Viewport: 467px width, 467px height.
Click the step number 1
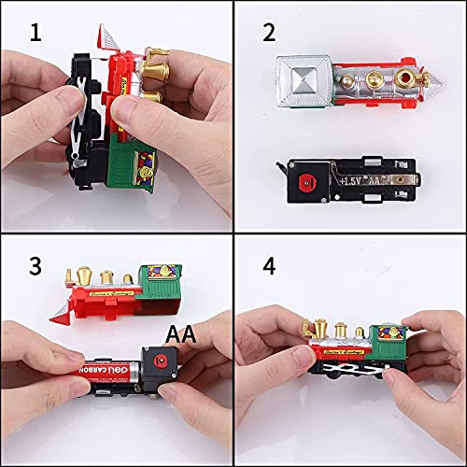point(35,34)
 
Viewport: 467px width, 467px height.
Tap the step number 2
point(269,34)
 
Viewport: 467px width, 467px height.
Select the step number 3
point(35,265)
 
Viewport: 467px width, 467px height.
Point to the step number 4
point(269,265)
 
